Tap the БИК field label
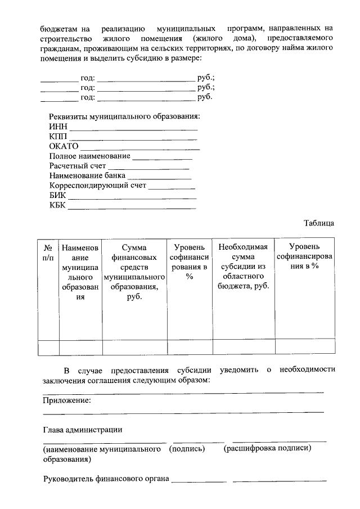[57, 195]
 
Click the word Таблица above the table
[319, 223]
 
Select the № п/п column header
[48, 252]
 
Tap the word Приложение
[67, 400]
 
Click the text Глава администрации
[83, 430]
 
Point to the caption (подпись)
[187, 449]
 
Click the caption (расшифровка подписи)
[268, 448]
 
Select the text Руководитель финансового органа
[106, 479]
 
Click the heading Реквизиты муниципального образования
[124, 116]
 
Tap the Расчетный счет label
[77, 166]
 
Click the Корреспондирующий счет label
[97, 185]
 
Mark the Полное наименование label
[89, 156]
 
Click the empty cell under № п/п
[48, 346]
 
